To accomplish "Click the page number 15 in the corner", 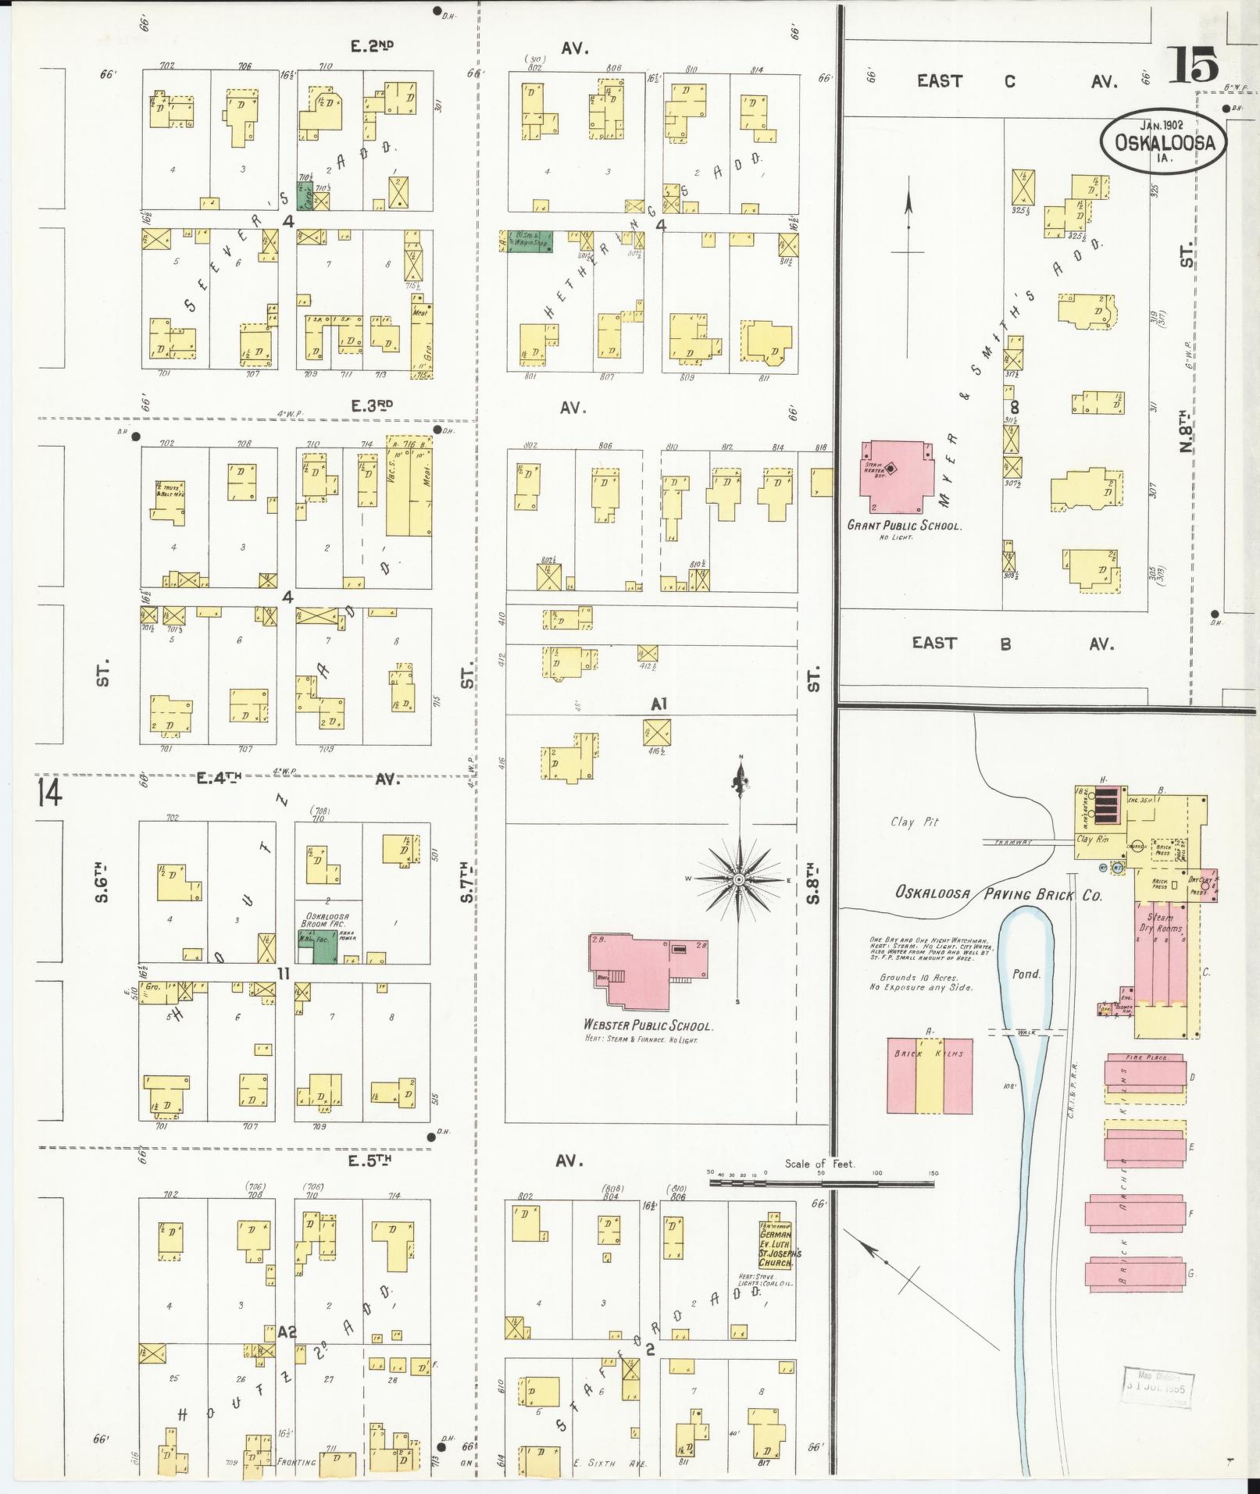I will click(x=1193, y=65).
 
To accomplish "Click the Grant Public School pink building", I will click(x=898, y=476).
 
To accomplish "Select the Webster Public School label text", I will click(x=648, y=1025).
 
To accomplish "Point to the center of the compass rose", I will click(x=739, y=880).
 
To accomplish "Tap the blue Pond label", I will click(x=1026, y=974).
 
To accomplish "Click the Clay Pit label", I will click(x=915, y=822).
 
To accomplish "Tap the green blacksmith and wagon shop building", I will click(x=529, y=241).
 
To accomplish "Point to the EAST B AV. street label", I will click(x=1013, y=644).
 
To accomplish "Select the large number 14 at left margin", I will click(x=48, y=793).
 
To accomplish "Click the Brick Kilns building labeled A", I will click(x=930, y=1075).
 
